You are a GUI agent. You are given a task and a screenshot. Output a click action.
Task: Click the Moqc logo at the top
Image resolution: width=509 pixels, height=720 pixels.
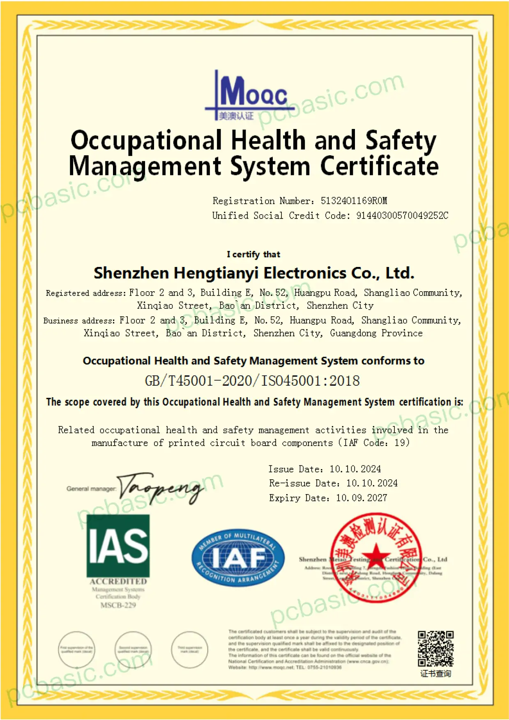click(249, 96)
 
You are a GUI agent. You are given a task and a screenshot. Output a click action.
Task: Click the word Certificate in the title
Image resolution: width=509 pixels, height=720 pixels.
click(379, 166)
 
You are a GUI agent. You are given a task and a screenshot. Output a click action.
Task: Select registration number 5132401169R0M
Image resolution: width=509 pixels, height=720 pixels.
click(354, 201)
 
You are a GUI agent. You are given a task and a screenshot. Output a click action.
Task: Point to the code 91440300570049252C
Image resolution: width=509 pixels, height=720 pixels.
click(402, 216)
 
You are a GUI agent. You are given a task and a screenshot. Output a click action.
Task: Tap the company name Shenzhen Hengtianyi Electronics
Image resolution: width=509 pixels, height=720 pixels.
click(253, 273)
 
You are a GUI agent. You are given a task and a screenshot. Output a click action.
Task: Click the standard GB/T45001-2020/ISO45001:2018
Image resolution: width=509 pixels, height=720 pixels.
click(252, 381)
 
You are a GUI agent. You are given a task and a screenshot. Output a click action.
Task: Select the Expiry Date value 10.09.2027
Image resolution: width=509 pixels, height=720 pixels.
click(362, 498)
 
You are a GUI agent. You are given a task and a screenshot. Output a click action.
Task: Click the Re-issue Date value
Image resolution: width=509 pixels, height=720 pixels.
click(372, 483)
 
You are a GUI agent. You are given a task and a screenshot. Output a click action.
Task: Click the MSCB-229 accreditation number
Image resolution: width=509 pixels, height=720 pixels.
click(118, 605)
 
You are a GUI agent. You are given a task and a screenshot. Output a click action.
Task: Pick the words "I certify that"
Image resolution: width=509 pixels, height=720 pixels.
click(253, 255)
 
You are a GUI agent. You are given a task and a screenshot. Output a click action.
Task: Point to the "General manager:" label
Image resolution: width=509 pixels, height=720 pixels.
click(91, 489)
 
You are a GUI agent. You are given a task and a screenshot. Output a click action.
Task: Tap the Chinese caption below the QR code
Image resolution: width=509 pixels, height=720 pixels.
click(435, 674)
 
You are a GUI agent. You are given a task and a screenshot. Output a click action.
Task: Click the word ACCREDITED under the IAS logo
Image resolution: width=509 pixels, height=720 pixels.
click(118, 582)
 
